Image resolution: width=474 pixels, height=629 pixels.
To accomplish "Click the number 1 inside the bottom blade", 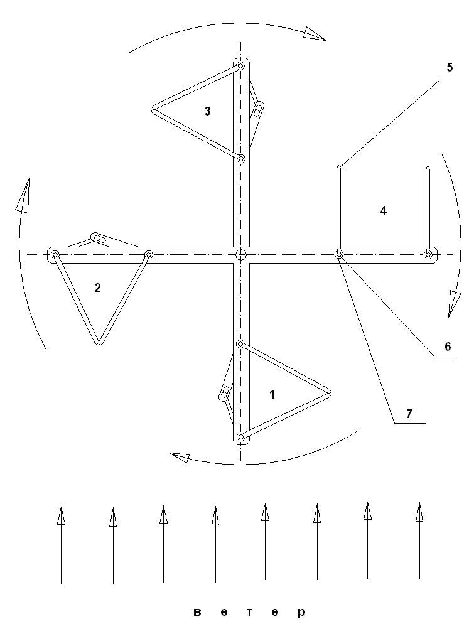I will coord(272,395).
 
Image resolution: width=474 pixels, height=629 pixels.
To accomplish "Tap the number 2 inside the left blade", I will coord(97,288).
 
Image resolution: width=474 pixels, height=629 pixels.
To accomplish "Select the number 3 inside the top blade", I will coord(207,112).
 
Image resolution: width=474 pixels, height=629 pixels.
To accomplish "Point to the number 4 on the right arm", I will coord(383,211).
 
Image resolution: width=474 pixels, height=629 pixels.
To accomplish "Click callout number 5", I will coord(450,67).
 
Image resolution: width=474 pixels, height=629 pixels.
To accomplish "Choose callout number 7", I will coord(409,413).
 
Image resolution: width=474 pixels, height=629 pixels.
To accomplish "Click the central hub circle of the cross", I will coord(241,254).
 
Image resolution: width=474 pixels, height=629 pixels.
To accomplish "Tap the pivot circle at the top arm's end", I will coord(240,66).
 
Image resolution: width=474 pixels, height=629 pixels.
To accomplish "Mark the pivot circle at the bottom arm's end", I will coord(240,437).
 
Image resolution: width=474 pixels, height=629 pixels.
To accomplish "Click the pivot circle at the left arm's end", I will coord(55,254).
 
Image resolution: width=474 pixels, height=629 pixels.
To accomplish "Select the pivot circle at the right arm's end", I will coord(428,254).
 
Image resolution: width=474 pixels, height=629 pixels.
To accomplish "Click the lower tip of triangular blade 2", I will coord(99,343).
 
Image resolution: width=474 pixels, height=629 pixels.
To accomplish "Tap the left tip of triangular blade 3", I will coord(153,110).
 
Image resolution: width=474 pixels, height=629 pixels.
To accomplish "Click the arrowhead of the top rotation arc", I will coord(315,34).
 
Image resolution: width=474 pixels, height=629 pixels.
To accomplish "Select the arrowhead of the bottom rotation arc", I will coord(180,458).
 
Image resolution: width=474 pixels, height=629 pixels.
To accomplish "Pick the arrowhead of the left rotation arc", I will coord(24,196).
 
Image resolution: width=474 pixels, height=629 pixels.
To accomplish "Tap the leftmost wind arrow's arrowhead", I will coord(61,516).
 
